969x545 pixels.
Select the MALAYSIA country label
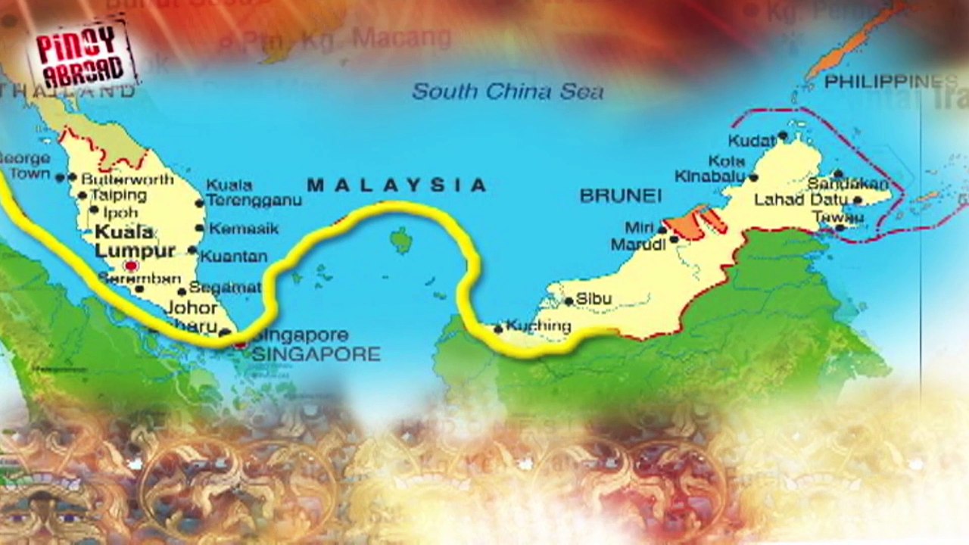[397, 185]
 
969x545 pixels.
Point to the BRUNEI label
[620, 196]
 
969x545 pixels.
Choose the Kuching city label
[538, 326]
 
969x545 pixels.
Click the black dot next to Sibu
[569, 301]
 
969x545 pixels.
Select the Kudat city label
[752, 141]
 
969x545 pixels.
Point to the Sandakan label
[847, 184]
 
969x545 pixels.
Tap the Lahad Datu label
[801, 201]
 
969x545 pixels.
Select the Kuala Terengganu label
[254, 193]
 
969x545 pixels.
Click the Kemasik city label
[244, 229]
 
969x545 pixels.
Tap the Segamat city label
[225, 288]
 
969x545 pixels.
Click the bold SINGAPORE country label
[316, 353]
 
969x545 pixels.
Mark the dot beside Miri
[662, 228]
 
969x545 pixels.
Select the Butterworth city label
[127, 180]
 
